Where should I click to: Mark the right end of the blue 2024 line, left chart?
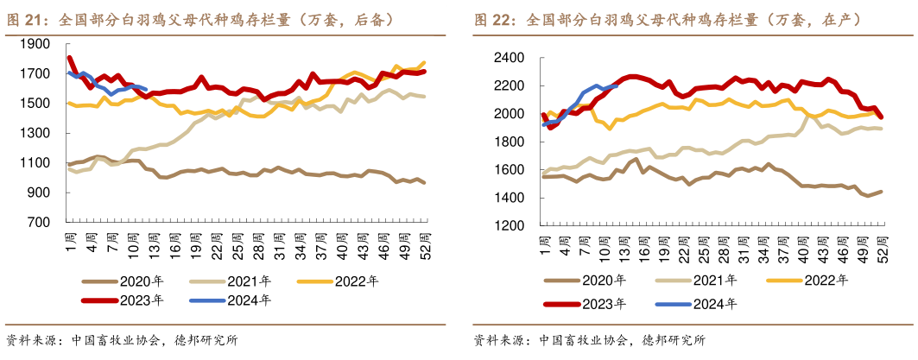click(147, 88)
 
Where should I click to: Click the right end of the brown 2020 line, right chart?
click(881, 192)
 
